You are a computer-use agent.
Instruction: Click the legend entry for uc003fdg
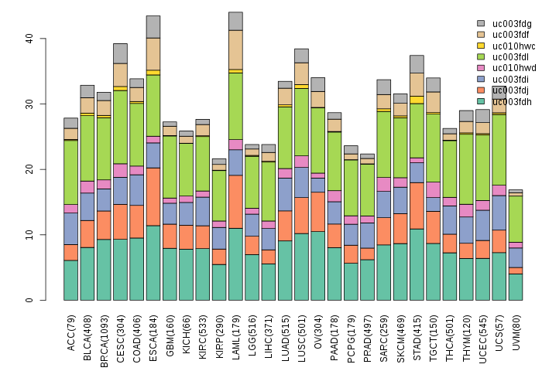(504, 24)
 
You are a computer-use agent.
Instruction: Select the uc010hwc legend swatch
(481, 46)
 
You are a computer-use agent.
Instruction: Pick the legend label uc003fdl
(504, 56)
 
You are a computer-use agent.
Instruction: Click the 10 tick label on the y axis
(29, 234)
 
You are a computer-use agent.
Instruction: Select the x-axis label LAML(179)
(236, 329)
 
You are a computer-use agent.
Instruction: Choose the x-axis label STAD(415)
(417, 329)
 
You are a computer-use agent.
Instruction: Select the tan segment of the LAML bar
(236, 49)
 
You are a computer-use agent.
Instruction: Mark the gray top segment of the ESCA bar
(153, 26)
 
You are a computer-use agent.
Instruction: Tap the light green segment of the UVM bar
(516, 219)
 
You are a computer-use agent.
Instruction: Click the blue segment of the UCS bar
(499, 213)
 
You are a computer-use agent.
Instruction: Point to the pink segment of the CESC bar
(120, 170)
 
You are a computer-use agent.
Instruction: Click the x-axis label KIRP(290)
(219, 329)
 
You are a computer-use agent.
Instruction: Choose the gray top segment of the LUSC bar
(302, 56)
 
